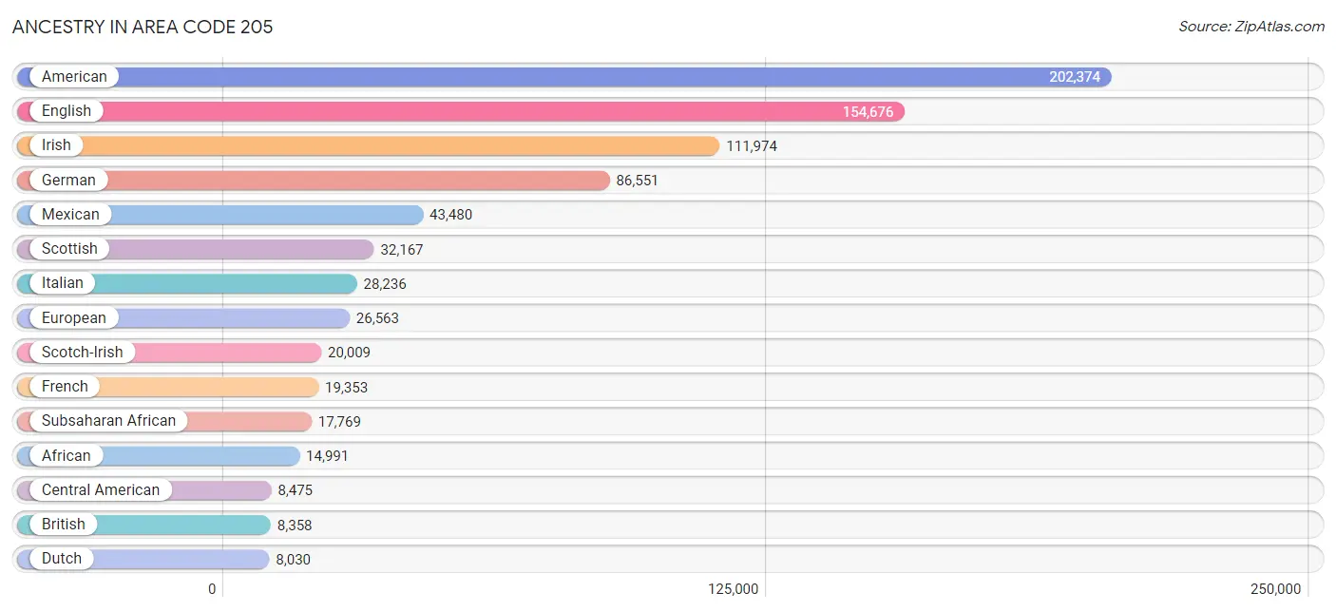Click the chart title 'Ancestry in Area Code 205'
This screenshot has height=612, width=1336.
click(x=142, y=27)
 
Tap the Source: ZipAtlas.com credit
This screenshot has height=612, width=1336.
click(x=1250, y=27)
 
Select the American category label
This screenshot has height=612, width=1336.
click(x=74, y=76)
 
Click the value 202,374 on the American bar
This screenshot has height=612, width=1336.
click(x=1075, y=77)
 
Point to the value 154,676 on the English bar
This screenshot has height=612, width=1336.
click(x=868, y=111)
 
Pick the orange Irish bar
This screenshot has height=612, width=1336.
click(x=368, y=145)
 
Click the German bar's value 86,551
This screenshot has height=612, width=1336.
click(x=637, y=181)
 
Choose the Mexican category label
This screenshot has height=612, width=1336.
click(x=70, y=214)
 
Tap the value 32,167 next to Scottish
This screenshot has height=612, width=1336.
click(x=401, y=249)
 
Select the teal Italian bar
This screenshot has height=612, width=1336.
click(x=186, y=283)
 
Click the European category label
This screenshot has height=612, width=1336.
click(x=73, y=318)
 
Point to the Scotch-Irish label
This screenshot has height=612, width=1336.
click(x=82, y=352)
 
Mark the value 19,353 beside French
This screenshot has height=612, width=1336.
click(x=346, y=387)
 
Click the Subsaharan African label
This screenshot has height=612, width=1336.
click(x=108, y=421)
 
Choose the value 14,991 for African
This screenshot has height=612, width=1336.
click(x=327, y=456)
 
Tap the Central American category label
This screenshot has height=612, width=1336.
click(x=100, y=489)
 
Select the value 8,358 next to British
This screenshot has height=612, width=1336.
click(x=294, y=525)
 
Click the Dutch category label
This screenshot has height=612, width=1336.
click(x=62, y=559)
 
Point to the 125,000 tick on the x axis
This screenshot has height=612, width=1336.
click(x=733, y=589)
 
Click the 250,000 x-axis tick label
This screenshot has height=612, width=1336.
click(x=1275, y=589)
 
